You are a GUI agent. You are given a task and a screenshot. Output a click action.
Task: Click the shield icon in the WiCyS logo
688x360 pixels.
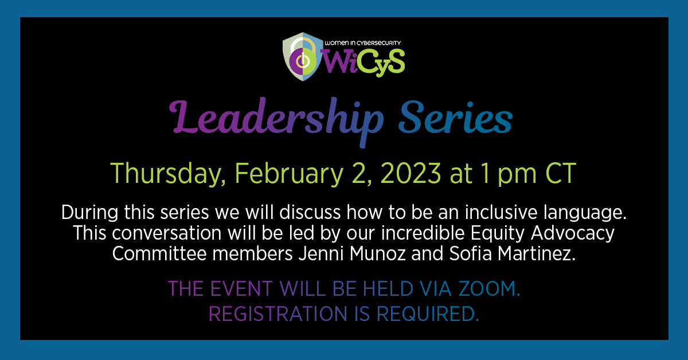pos(303,57)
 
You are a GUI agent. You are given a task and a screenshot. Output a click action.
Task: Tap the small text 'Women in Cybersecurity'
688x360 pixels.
pos(362,43)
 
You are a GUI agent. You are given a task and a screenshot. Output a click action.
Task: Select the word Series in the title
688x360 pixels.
pos(455,118)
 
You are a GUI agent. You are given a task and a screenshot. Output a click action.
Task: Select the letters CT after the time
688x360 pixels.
pos(561,173)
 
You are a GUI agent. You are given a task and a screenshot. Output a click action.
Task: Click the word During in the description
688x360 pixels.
pos(89,213)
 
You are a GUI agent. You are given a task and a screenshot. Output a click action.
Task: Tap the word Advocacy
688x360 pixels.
pos(573,234)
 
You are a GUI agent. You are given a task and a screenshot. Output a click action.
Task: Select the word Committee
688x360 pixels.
pos(159,254)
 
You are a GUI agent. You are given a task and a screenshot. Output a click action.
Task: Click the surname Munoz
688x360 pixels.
pos(378,254)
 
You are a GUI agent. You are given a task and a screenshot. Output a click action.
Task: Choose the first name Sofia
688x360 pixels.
pos(471,253)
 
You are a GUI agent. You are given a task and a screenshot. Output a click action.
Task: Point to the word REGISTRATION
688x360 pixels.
pos(278,314)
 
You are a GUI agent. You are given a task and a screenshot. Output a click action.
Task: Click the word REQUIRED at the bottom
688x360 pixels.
pos(428,314)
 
